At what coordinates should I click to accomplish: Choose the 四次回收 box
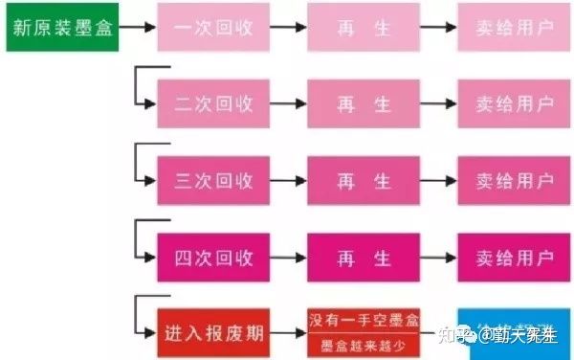pos(213,258)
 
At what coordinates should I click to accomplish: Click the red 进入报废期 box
pos(213,333)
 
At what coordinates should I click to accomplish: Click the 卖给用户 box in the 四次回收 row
pos(515,258)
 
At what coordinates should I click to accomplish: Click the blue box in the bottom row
pos(515,333)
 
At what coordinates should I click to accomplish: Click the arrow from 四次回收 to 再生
pos(288,258)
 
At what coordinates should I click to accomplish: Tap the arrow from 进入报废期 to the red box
pos(288,333)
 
